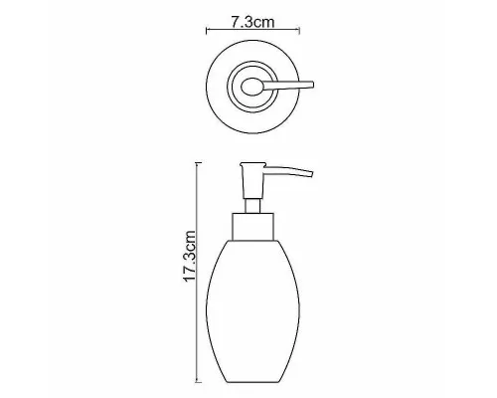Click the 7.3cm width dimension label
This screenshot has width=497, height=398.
pyautogui.click(x=252, y=22)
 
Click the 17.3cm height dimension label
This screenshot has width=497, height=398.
pyautogui.click(x=190, y=257)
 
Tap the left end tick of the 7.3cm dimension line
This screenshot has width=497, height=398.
pyautogui.click(x=207, y=31)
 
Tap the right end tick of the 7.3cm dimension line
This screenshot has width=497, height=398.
pyautogui.click(x=299, y=31)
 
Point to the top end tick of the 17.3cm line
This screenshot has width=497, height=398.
pyautogui.click(x=198, y=163)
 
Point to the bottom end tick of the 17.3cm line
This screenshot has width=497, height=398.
pyautogui.click(x=198, y=382)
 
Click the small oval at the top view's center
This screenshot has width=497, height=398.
pyautogui.click(x=252, y=87)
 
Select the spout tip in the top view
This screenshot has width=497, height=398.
pyautogui.click(x=312, y=85)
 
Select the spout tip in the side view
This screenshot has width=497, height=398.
pyautogui.click(x=311, y=174)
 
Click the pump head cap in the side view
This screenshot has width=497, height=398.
pyautogui.click(x=252, y=165)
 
